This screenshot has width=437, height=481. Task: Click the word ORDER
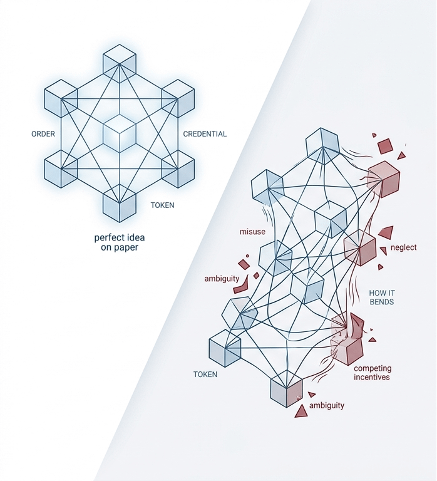pyautogui.click(x=43, y=134)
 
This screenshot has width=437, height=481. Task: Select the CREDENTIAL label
pyautogui.click(x=205, y=134)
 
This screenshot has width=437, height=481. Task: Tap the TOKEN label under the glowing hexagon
pyautogui.click(x=162, y=205)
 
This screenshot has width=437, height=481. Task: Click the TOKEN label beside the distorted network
pyautogui.click(x=205, y=375)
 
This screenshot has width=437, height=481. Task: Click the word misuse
pyautogui.click(x=253, y=232)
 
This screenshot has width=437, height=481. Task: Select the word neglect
pyautogui.click(x=403, y=247)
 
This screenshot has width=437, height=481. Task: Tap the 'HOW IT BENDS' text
pyautogui.click(x=381, y=297)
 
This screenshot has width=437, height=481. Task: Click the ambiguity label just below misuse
pyautogui.click(x=222, y=278)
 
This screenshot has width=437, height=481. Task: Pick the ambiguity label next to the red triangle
pyautogui.click(x=326, y=405)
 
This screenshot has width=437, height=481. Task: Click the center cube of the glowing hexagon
pyautogui.click(x=119, y=133)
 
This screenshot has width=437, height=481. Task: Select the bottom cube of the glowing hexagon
pyautogui.click(x=119, y=205)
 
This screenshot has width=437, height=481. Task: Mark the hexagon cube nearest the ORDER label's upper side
pyautogui.click(x=60, y=98)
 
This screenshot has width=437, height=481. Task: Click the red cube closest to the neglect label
pyautogui.click(x=359, y=247)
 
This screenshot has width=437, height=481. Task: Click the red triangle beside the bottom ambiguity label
pyautogui.click(x=302, y=410)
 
